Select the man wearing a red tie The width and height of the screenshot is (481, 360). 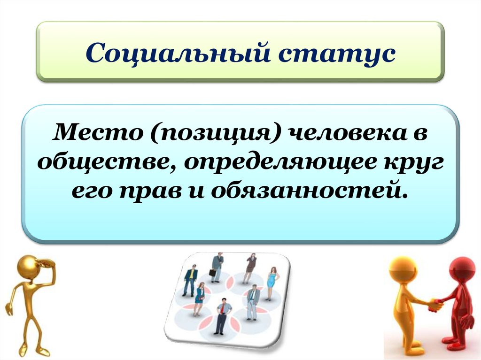(223, 317)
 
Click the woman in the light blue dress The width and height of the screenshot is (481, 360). (272, 283)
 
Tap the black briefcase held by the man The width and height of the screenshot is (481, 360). (212, 273)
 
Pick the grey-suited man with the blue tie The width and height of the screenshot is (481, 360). (253, 300)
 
